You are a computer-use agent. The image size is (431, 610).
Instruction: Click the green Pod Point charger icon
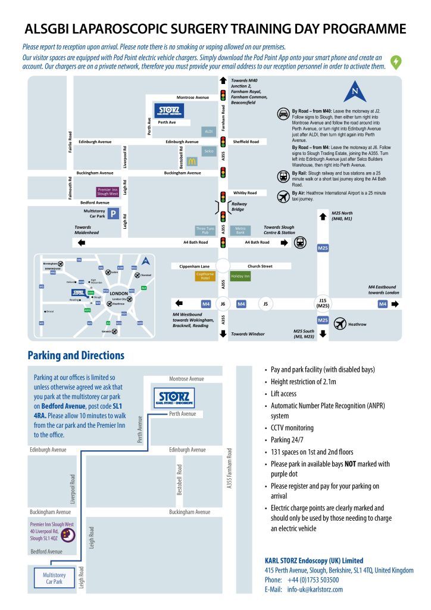395,61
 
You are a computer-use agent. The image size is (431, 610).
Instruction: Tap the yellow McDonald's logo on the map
192,161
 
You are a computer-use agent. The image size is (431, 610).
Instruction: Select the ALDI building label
209,131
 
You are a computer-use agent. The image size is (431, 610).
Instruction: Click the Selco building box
208,151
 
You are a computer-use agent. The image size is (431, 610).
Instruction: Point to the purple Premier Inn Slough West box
108,191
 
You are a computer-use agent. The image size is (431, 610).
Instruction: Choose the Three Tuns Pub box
205,230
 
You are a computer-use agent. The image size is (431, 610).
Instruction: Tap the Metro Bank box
241,230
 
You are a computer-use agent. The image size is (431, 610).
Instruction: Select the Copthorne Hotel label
205,276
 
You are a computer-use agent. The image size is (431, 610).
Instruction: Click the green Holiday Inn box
241,276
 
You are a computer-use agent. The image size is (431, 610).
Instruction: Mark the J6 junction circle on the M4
223,304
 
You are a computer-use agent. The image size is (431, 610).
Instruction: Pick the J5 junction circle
266,304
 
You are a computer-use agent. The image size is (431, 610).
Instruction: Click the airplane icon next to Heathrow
339,324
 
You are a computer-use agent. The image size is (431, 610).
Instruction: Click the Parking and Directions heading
76,356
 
